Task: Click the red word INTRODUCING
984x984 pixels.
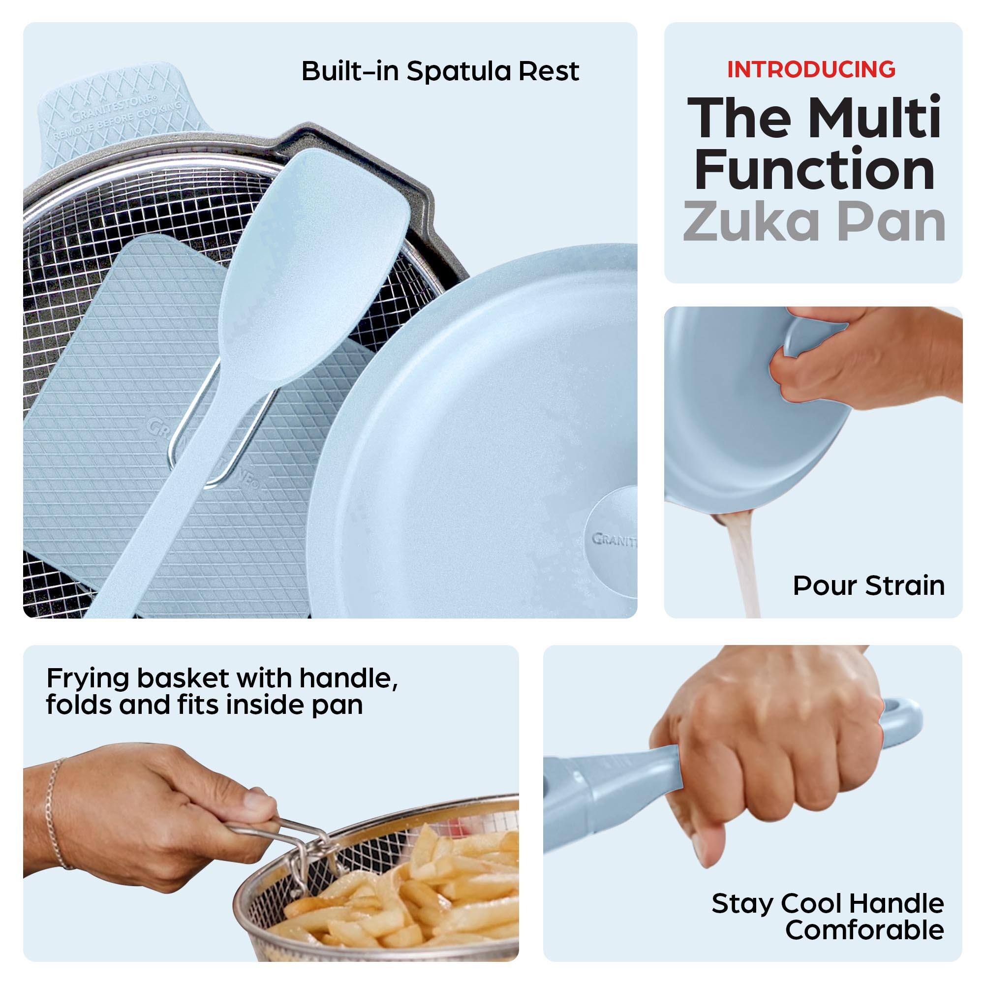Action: [811, 69]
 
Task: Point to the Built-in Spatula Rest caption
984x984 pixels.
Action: [440, 71]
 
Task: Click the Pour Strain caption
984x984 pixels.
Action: [868, 585]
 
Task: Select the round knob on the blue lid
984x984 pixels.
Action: [611, 540]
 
